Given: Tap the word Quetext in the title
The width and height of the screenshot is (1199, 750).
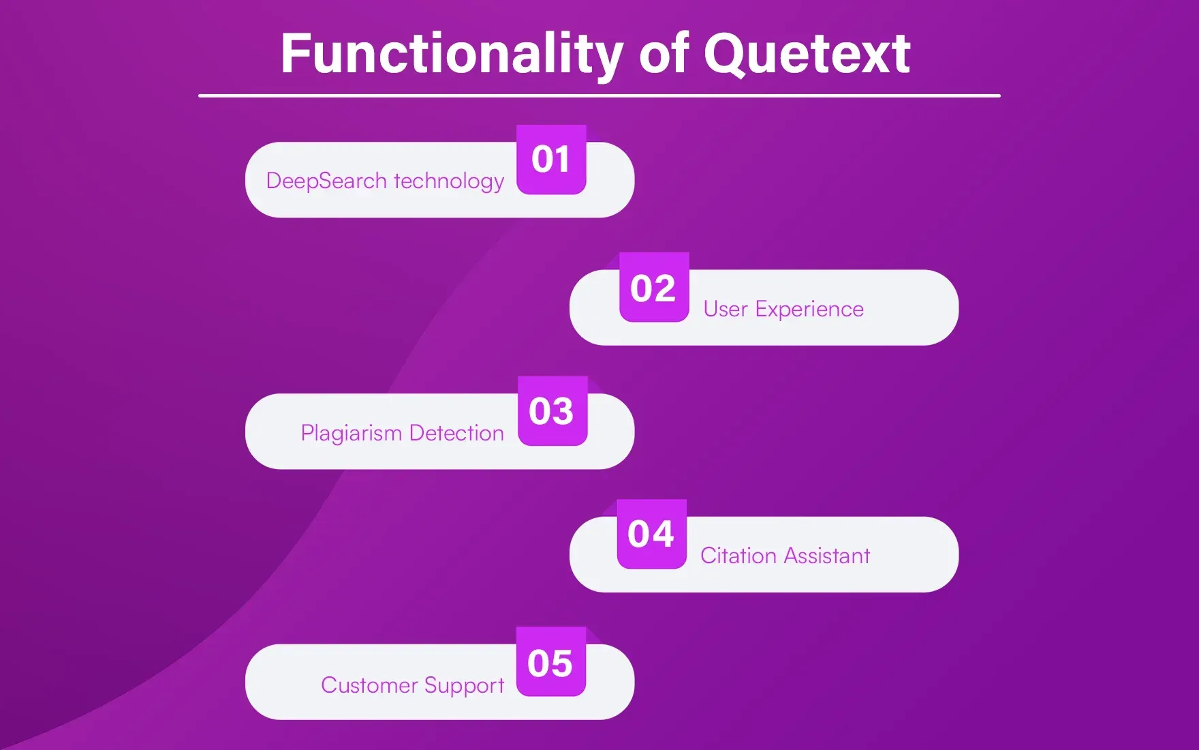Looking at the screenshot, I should tap(807, 55).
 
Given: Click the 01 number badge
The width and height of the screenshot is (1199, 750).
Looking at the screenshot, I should tap(551, 160).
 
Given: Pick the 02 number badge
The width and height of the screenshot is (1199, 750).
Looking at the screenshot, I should tap(653, 288).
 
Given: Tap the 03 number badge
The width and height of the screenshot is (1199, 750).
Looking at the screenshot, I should tap(552, 411).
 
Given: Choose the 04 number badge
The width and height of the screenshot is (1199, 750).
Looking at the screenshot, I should tap(651, 534).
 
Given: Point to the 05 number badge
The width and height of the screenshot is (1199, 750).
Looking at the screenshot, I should tap(550, 663).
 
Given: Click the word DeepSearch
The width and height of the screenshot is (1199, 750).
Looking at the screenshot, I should tap(326, 181).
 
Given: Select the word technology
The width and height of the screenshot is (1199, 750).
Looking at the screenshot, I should tap(449, 181).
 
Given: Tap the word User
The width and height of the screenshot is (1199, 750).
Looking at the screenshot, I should tap(726, 310).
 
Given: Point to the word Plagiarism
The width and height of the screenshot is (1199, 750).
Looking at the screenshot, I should tap(352, 434).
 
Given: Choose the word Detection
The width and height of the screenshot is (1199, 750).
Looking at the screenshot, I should tap(456, 433).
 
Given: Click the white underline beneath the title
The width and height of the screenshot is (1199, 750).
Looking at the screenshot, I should tap(599, 96).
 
